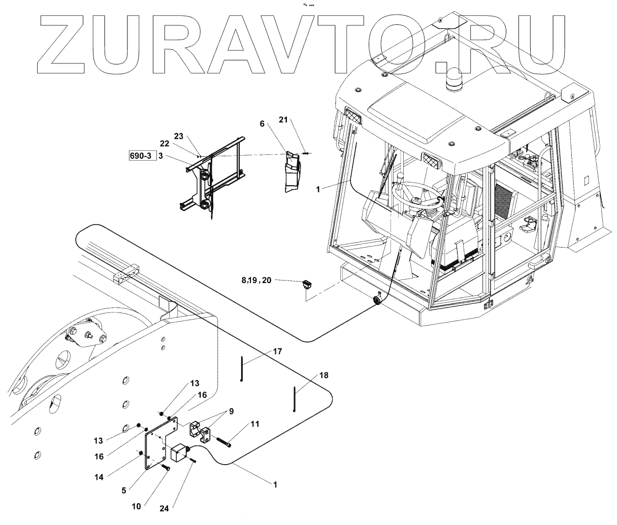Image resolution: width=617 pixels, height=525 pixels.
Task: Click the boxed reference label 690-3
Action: [141, 156]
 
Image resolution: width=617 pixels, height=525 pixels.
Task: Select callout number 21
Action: [283, 120]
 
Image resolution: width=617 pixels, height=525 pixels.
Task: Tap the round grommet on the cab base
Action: [377, 300]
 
